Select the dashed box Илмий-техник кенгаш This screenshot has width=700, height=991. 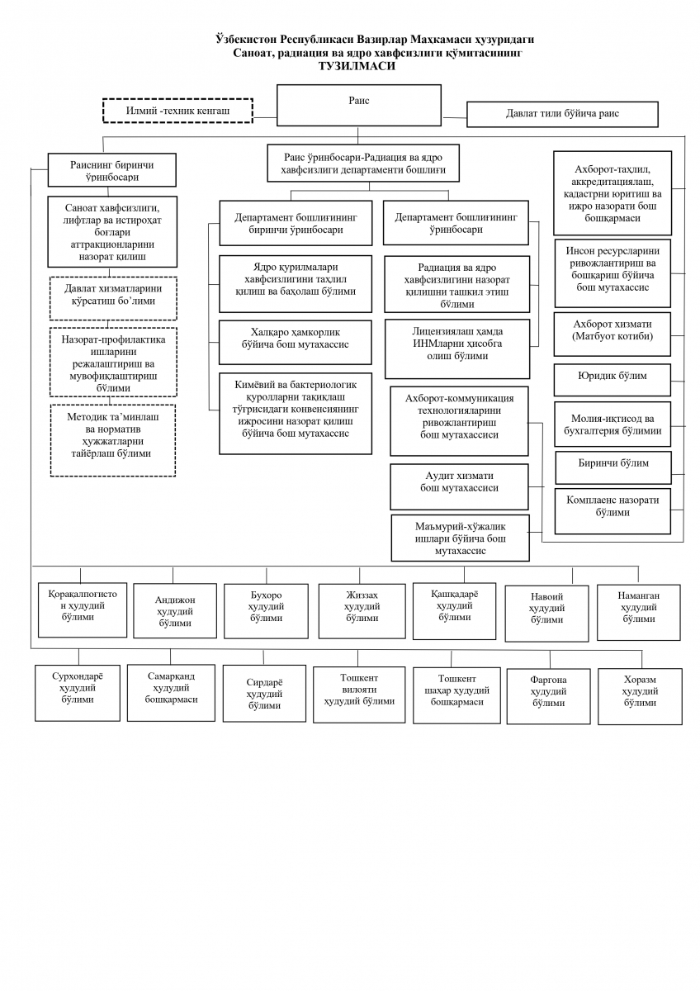click(177, 110)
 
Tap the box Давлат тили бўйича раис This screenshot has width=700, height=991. click(562, 113)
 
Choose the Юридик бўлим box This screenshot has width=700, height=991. click(612, 377)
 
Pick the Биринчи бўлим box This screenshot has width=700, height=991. click(612, 464)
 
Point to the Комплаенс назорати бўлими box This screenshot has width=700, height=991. click(612, 506)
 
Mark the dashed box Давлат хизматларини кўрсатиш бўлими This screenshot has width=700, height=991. click(112, 295)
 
